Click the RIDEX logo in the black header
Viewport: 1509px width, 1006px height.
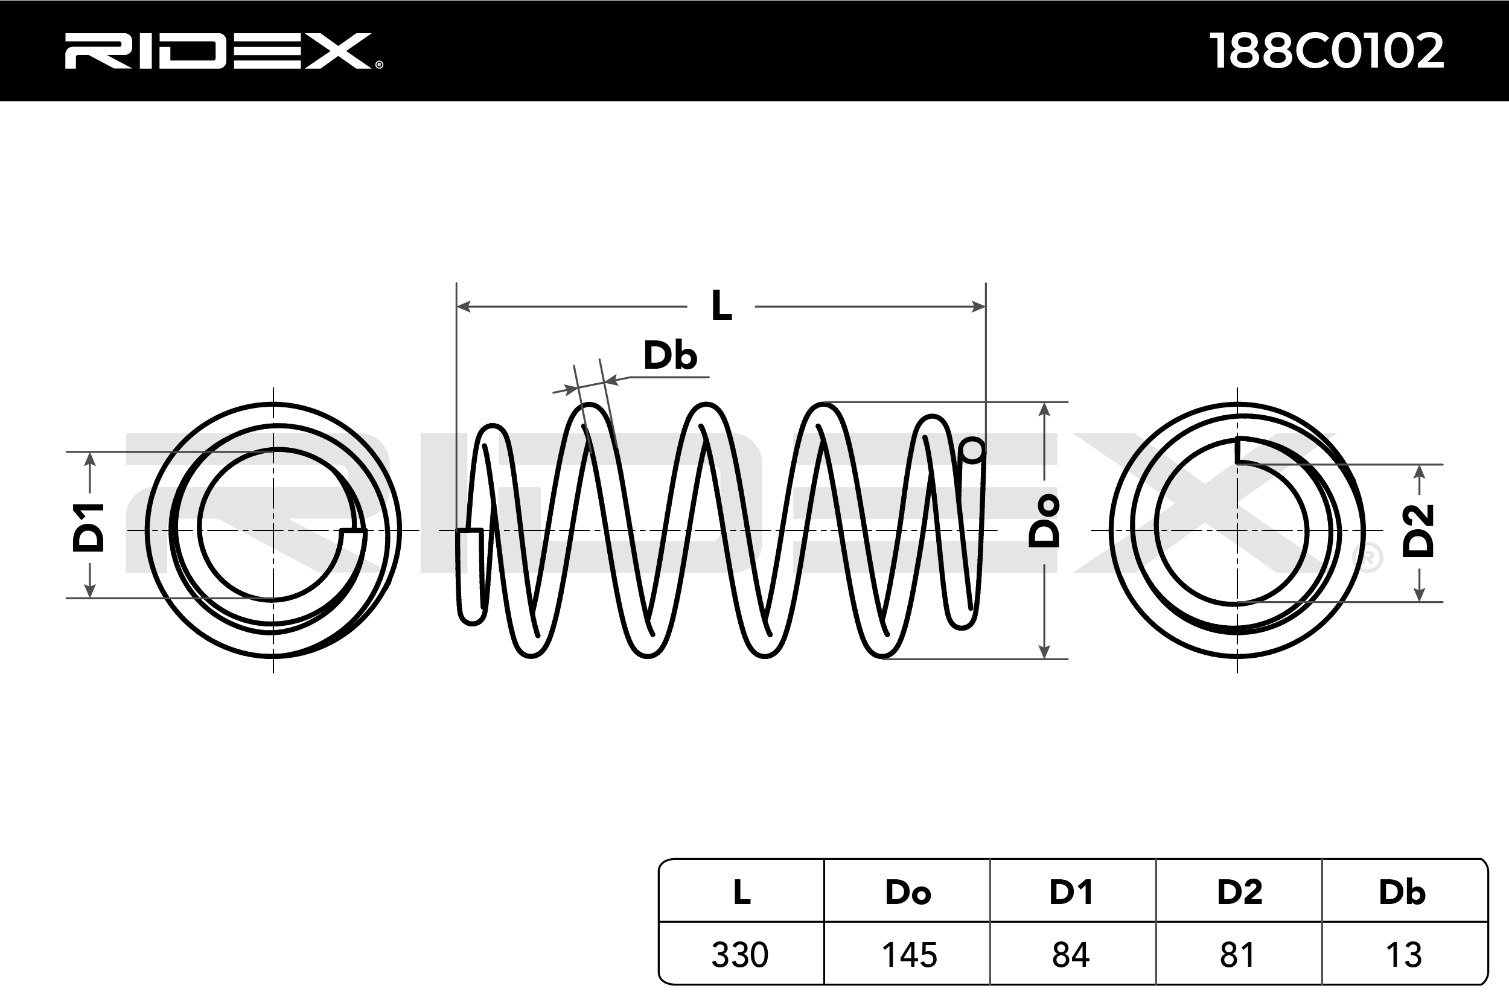pyautogui.click(x=222, y=51)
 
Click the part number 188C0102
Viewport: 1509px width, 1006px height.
pyautogui.click(x=1326, y=51)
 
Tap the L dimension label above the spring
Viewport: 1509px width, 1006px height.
pyautogui.click(x=721, y=306)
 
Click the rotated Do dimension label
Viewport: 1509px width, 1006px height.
pyautogui.click(x=1044, y=521)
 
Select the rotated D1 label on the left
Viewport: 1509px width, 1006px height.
pyautogui.click(x=89, y=527)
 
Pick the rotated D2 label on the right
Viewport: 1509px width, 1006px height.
pyautogui.click(x=1418, y=530)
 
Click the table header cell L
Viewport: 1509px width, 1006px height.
pyautogui.click(x=742, y=892)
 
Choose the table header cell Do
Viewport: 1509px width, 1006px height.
pyautogui.click(x=908, y=892)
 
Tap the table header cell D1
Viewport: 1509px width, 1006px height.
pyautogui.click(x=1071, y=892)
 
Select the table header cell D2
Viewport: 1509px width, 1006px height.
pyautogui.click(x=1240, y=892)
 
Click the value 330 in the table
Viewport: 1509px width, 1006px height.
pyautogui.click(x=740, y=955)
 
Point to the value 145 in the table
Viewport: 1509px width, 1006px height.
pyautogui.click(x=909, y=955)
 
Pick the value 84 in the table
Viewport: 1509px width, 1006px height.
pyautogui.click(x=1071, y=955)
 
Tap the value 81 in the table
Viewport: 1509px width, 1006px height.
pyautogui.click(x=1237, y=955)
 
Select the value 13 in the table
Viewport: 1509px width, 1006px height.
pyautogui.click(x=1404, y=955)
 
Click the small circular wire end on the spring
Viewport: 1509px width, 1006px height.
pyautogui.click(x=972, y=450)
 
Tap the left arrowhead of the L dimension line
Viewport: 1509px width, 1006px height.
pyautogui.click(x=462, y=307)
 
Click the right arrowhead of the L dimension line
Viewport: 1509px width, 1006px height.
pyautogui.click(x=980, y=307)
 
